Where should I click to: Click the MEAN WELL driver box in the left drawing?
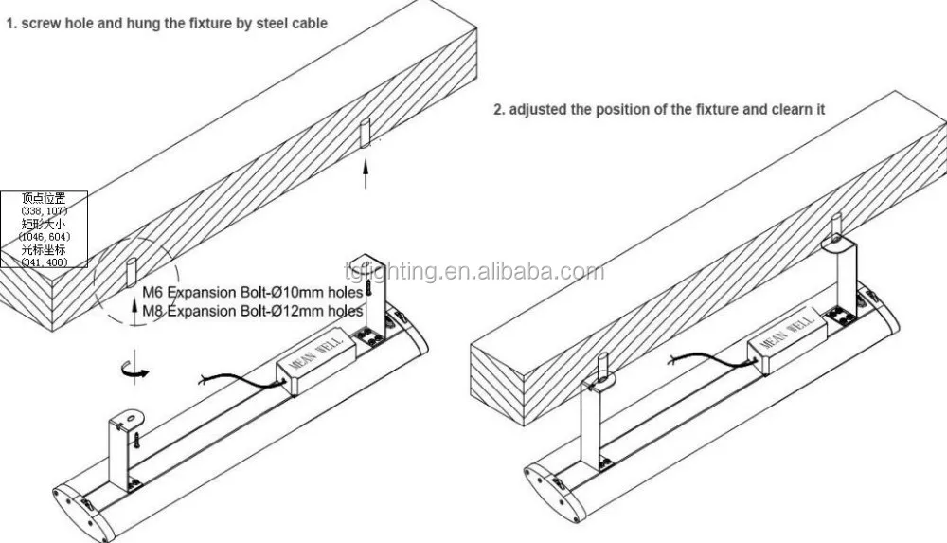click(309, 365)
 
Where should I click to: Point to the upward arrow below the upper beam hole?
click(366, 175)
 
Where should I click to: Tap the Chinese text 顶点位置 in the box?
click(45, 199)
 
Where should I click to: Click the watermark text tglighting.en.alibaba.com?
click(473, 273)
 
